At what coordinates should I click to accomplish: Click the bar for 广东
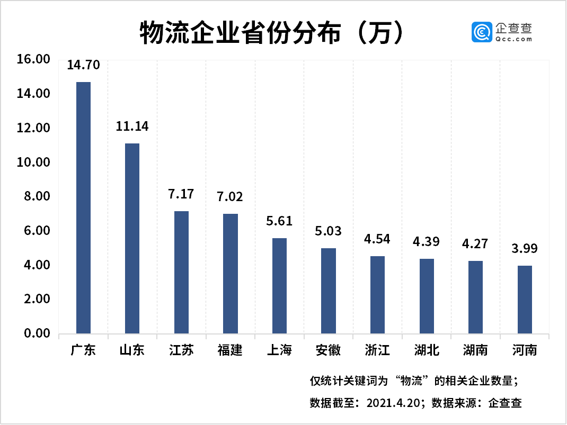(83, 207)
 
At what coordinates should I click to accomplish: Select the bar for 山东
(132, 238)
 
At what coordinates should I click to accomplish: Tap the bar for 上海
(279, 286)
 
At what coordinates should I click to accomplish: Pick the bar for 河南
(525, 300)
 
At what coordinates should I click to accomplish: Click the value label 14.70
(83, 65)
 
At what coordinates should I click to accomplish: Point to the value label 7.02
(230, 197)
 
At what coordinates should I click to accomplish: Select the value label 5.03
(328, 231)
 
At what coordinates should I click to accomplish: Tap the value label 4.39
(426, 242)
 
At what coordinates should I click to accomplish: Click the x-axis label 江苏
(181, 350)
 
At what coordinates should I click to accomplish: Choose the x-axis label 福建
(230, 350)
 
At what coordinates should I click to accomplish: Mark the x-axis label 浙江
(377, 350)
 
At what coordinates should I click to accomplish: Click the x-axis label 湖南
(475, 350)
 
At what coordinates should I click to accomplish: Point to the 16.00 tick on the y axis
(33, 59)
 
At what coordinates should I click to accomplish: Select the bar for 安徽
(328, 291)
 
